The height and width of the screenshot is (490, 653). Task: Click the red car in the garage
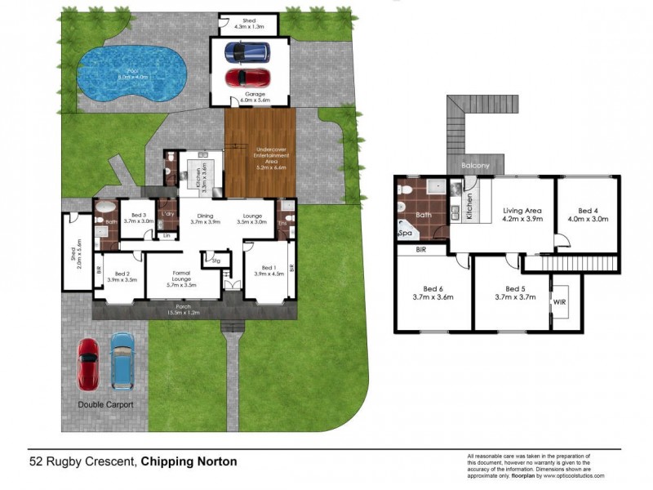(x=247, y=78)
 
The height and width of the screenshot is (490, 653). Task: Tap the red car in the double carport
(x=87, y=362)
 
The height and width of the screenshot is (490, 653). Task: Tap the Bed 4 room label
(x=587, y=214)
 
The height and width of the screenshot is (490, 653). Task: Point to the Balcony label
(x=475, y=167)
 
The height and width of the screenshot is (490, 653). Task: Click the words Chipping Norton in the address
(x=189, y=461)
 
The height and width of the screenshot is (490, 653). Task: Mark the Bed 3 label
(x=139, y=216)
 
